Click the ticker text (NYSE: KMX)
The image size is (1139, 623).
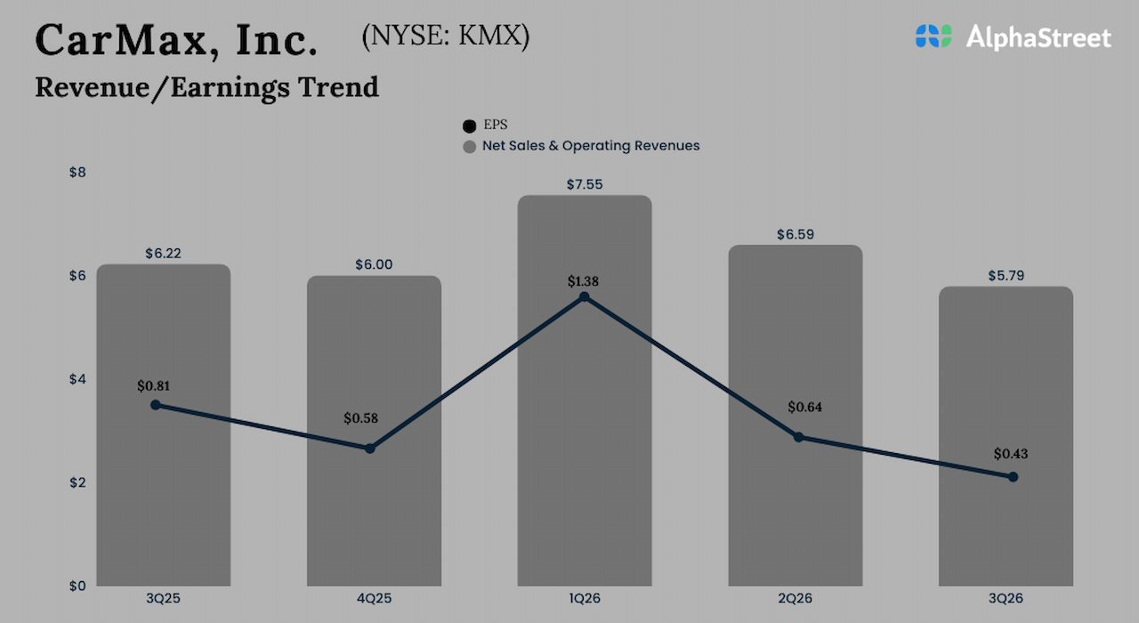tap(445, 37)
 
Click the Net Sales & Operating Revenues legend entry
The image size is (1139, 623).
tap(581, 146)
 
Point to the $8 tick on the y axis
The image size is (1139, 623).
tap(77, 172)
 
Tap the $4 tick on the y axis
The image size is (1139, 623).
tap(77, 379)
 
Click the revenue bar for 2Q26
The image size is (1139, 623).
tap(795, 516)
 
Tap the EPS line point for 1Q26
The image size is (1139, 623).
tap(584, 296)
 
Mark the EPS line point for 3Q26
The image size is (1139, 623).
tap(1013, 477)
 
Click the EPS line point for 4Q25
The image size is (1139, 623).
tap(370, 449)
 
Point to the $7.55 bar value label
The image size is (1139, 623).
tap(585, 184)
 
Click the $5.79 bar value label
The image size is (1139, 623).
tap(1006, 276)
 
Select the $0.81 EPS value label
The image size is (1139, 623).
tap(155, 386)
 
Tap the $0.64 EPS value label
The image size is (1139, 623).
tap(805, 408)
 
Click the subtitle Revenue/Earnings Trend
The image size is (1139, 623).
tap(206, 87)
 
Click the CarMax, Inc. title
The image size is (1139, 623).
tap(175, 39)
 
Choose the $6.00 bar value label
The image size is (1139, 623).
tap(374, 264)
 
